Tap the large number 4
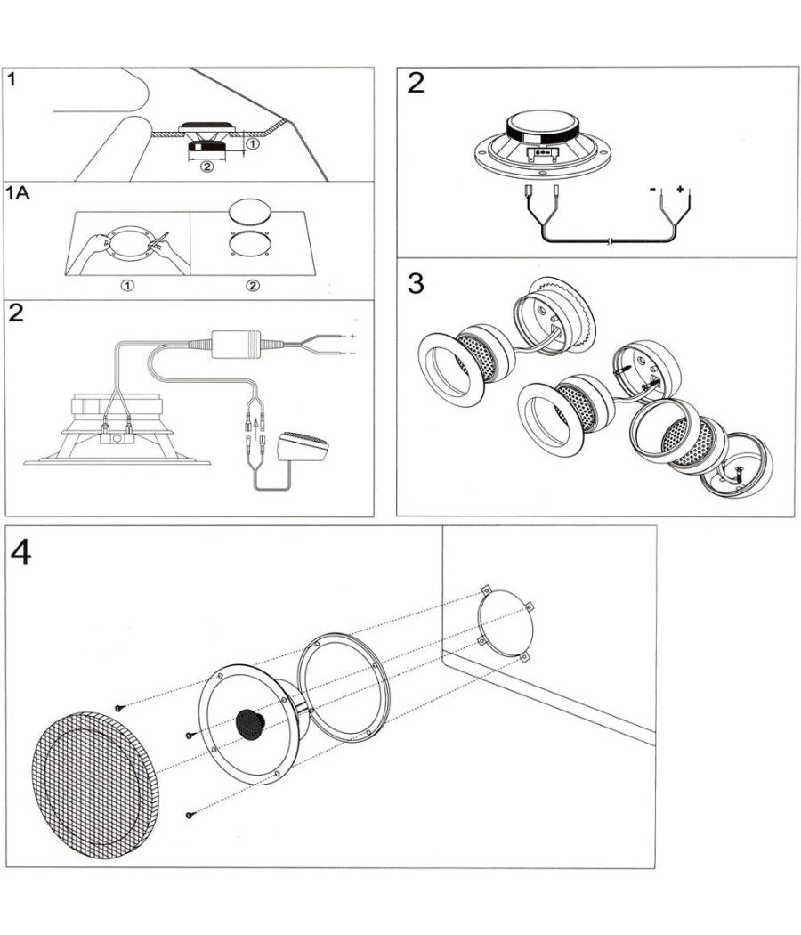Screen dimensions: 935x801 21,553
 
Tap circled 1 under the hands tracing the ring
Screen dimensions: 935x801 127,285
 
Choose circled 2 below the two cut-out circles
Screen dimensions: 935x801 253,285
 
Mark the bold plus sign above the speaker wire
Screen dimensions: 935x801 681,190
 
